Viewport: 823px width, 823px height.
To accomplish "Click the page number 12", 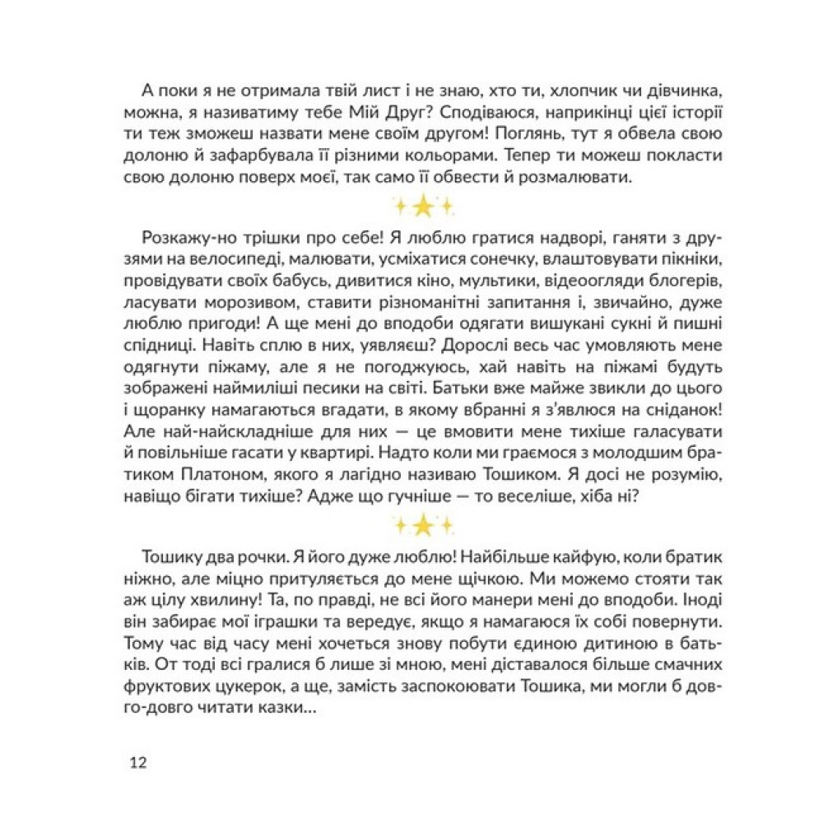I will tap(137, 762).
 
